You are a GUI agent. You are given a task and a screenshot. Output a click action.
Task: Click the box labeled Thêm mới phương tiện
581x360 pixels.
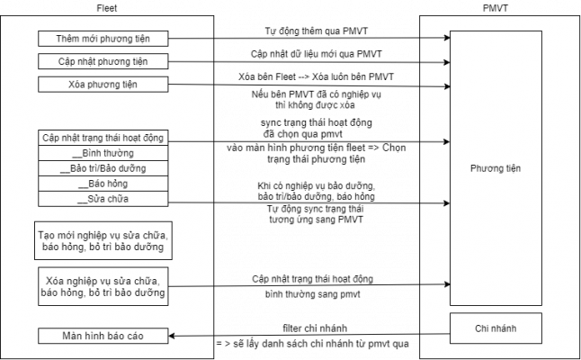tap(103, 39)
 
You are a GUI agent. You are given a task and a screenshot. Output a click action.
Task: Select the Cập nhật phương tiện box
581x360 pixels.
tap(103, 61)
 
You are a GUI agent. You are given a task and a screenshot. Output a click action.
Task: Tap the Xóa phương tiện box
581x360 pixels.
tap(103, 84)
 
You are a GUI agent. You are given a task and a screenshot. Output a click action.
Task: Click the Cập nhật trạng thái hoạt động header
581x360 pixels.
tap(103, 138)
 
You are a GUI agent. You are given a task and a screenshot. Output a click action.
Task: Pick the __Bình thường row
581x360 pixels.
tap(103, 153)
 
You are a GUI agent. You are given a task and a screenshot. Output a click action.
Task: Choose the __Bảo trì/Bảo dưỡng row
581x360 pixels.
tap(103, 168)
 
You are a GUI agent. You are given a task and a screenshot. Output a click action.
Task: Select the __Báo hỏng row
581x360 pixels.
tap(103, 184)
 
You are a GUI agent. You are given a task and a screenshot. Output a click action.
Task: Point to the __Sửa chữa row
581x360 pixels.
tap(103, 199)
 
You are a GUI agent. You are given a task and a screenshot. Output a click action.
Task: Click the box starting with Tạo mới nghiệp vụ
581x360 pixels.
tap(103, 240)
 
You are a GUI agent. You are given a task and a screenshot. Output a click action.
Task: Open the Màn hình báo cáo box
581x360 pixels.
tap(103, 337)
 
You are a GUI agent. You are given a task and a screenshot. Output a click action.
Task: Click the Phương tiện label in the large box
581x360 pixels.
tap(496, 169)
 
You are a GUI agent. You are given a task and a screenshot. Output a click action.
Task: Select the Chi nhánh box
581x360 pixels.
tap(496, 329)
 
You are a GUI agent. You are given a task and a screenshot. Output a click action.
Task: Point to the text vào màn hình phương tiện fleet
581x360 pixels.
tap(317, 147)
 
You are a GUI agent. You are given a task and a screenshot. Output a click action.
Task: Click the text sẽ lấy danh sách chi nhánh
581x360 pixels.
tap(313, 344)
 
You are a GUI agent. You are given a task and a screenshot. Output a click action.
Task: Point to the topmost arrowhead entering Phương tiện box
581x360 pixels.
tap(445, 39)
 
